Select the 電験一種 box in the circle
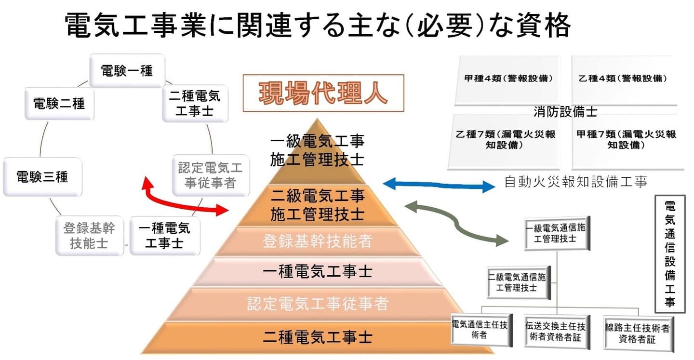point(127,71)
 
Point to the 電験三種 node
point(42,177)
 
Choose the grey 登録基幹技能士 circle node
point(89,235)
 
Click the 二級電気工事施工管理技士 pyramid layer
point(317,205)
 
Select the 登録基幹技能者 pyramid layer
point(317,241)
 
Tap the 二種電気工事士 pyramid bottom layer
point(317,336)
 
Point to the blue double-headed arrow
point(439,185)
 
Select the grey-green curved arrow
point(455,222)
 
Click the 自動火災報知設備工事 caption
point(575,182)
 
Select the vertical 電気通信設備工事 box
point(670,253)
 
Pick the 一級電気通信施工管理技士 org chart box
point(557,233)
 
